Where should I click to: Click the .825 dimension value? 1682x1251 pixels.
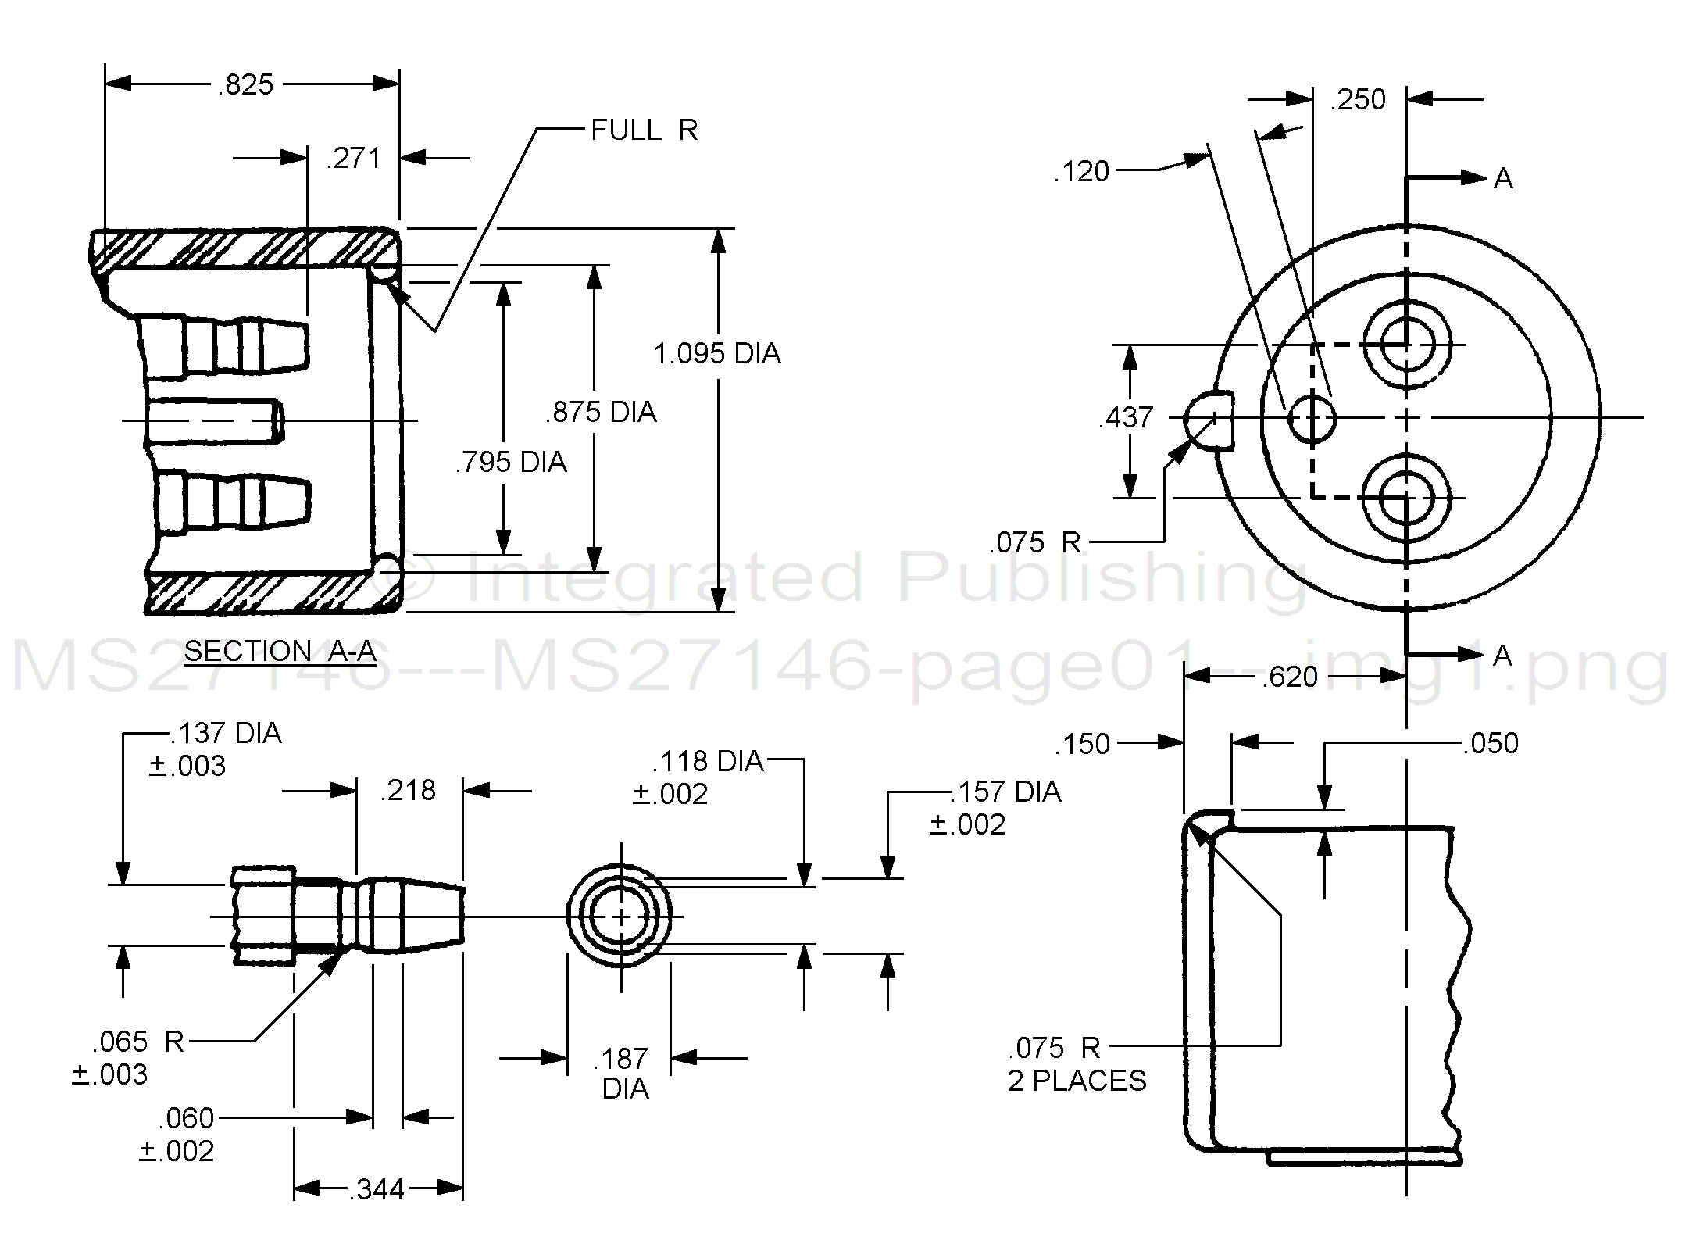[246, 84]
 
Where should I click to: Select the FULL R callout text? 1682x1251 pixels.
[644, 130]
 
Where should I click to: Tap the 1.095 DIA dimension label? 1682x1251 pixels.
[717, 354]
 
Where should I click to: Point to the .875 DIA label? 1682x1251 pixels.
[601, 413]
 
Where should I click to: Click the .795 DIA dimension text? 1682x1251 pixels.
[511, 463]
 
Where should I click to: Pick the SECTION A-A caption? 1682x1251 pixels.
[280, 651]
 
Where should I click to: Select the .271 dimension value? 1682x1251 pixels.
[354, 159]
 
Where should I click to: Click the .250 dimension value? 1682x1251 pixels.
[1359, 100]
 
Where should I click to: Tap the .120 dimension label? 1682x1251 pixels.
[1081, 172]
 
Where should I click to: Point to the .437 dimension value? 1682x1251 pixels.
[1126, 418]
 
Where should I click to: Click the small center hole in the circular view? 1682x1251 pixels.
[1312, 419]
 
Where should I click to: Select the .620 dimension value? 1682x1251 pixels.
[1290, 677]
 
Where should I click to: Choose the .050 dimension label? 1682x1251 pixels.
[1491, 743]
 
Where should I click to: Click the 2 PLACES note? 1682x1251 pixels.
[1077, 1081]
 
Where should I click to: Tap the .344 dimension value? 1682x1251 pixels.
[377, 1189]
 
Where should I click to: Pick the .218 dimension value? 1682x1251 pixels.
[408, 791]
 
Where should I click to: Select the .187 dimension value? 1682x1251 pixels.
[620, 1060]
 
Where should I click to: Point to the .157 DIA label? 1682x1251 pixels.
[1005, 792]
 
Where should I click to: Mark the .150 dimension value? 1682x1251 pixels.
[1082, 744]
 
